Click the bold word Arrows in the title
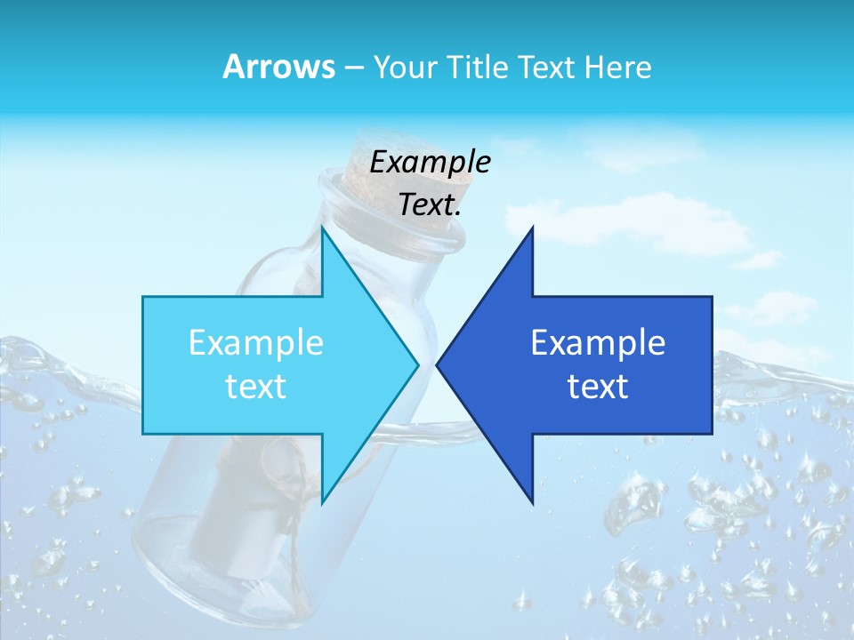[278, 67]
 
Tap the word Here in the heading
[619, 67]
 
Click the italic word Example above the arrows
[430, 162]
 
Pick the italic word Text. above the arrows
[430, 205]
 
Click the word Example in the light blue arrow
[256, 343]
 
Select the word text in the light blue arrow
[256, 386]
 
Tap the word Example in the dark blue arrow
[598, 343]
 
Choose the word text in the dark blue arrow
[598, 386]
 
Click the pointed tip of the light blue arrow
[417, 364]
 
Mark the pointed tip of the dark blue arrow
[438, 364]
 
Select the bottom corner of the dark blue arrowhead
[532, 501]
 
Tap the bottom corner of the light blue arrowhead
[322, 503]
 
